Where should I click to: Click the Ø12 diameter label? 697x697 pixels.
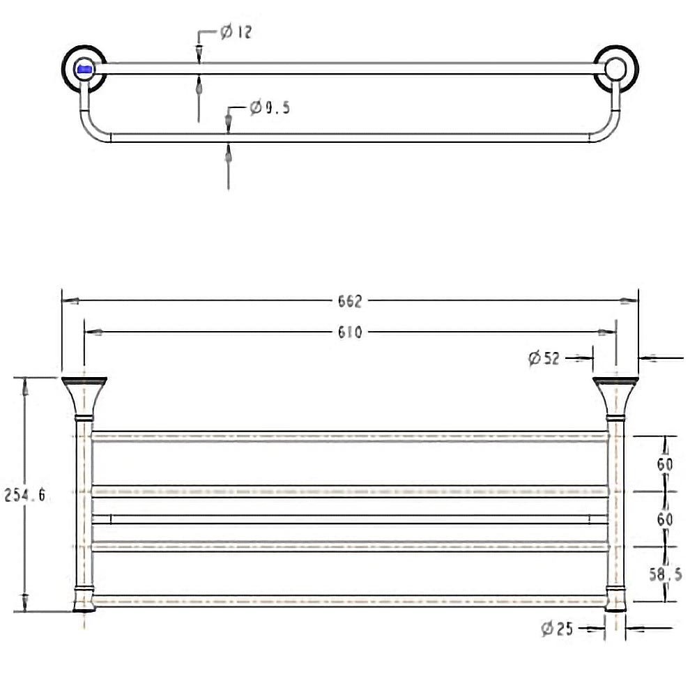tap(236, 31)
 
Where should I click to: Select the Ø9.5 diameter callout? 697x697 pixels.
tap(269, 107)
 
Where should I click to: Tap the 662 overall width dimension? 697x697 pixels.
tap(350, 301)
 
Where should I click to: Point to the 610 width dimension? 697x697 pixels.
tap(350, 332)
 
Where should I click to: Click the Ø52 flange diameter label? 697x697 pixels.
tap(544, 358)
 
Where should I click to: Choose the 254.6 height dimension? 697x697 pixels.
tap(25, 495)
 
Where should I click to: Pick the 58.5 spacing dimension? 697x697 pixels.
tap(665, 575)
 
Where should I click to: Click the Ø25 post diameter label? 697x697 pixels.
tap(557, 629)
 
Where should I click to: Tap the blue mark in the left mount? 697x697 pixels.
tap(84, 69)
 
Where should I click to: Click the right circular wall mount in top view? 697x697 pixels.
tap(616, 68)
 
